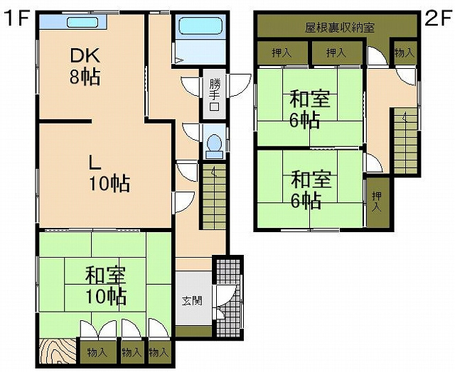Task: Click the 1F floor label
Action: pos(16,18)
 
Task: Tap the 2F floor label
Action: pos(438,18)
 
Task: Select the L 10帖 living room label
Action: pos(109,173)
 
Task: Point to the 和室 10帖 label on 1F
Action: pos(106,285)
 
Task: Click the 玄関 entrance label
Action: pos(192,301)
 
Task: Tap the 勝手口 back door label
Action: pos(215,94)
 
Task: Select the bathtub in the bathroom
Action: pos(200,26)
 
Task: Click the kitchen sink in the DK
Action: pos(82,22)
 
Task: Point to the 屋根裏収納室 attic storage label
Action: pos(340,27)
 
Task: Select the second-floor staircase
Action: pos(405,141)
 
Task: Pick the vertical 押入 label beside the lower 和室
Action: pos(377,202)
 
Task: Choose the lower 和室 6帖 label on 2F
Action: pos(311,190)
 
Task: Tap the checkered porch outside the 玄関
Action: pos(229,297)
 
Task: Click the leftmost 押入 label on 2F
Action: pos(282,53)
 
